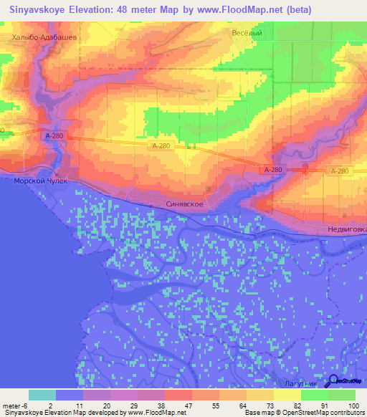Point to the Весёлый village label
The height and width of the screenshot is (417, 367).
tap(247, 33)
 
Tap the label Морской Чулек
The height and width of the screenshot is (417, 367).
tap(40, 181)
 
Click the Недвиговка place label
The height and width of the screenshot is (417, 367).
tap(343, 230)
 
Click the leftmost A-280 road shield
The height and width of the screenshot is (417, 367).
tap(51, 134)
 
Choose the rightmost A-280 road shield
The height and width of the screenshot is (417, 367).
tap(340, 171)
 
